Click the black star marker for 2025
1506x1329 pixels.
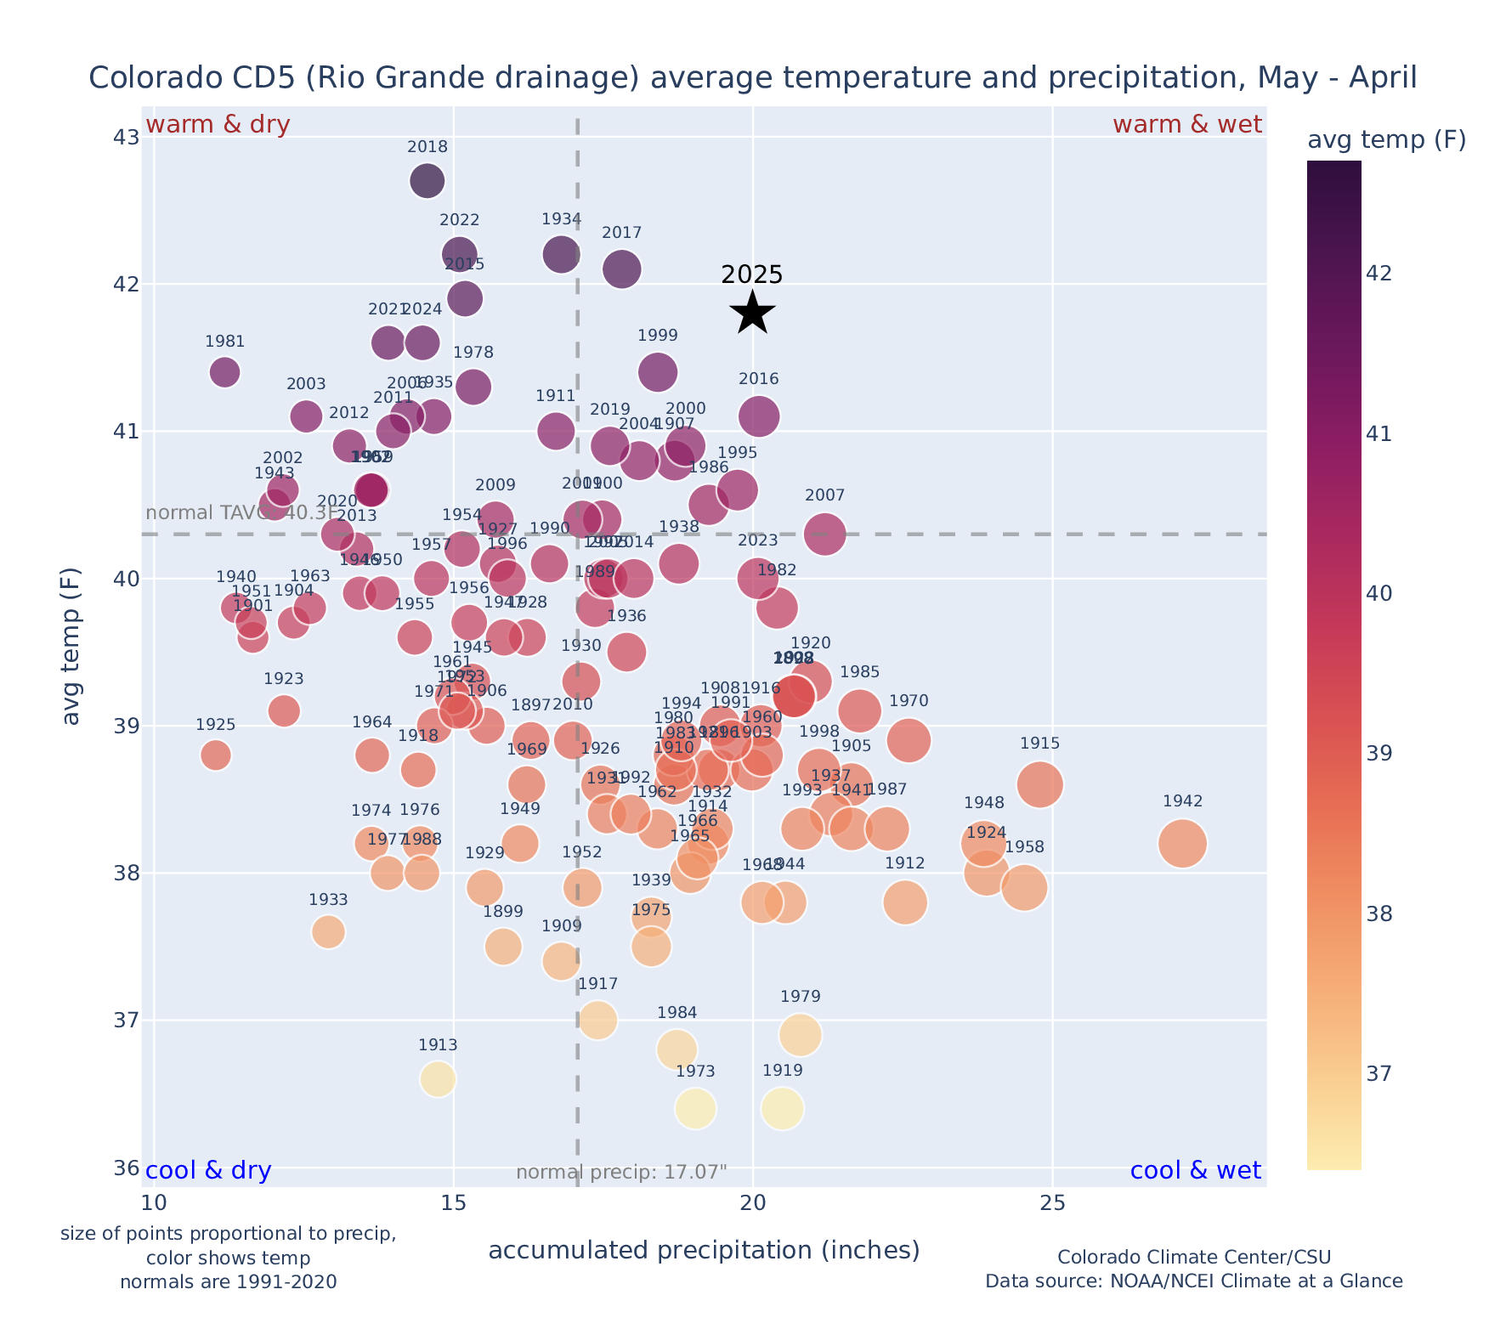pyautogui.click(x=753, y=313)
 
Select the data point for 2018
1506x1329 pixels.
pyautogui.click(x=427, y=180)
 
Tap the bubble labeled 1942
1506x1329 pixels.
pyautogui.click(x=1182, y=844)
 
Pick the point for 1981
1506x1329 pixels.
pyautogui.click(x=224, y=372)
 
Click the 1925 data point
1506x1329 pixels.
pyautogui.click(x=216, y=755)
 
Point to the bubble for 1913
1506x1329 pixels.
pyautogui.click(x=438, y=1079)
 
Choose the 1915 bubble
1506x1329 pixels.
pyautogui.click(x=1039, y=784)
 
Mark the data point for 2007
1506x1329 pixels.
pyautogui.click(x=824, y=534)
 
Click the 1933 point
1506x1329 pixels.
pyautogui.click(x=328, y=932)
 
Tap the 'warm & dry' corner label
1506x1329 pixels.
pyautogui.click(x=218, y=125)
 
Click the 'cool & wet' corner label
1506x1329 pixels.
pyautogui.click(x=1195, y=1171)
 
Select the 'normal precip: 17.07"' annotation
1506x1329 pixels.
pyautogui.click(x=621, y=1173)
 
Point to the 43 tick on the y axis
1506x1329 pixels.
pyautogui.click(x=126, y=138)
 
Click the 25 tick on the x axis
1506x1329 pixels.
pyautogui.click(x=1052, y=1204)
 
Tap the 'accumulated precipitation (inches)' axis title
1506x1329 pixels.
pyautogui.click(x=704, y=1250)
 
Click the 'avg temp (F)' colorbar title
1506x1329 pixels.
pyautogui.click(x=1386, y=140)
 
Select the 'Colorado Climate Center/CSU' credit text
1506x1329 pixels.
pyautogui.click(x=1194, y=1257)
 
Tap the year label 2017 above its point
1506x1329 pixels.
pyautogui.click(x=621, y=233)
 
